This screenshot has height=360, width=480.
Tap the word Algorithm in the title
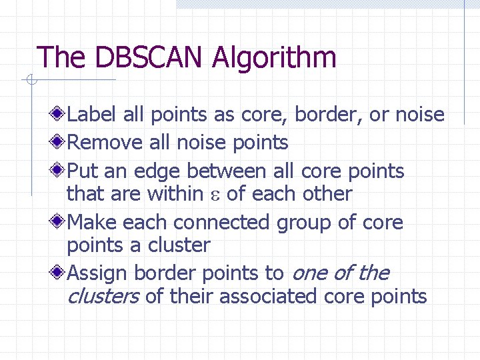point(274,59)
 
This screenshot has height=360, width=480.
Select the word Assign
point(97,273)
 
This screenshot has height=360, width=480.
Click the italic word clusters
point(103,296)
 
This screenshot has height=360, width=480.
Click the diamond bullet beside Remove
point(59,142)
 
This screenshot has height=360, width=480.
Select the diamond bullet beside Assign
point(59,273)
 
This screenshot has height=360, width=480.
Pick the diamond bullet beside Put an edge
point(59,171)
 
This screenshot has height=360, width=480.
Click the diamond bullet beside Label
point(59,115)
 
